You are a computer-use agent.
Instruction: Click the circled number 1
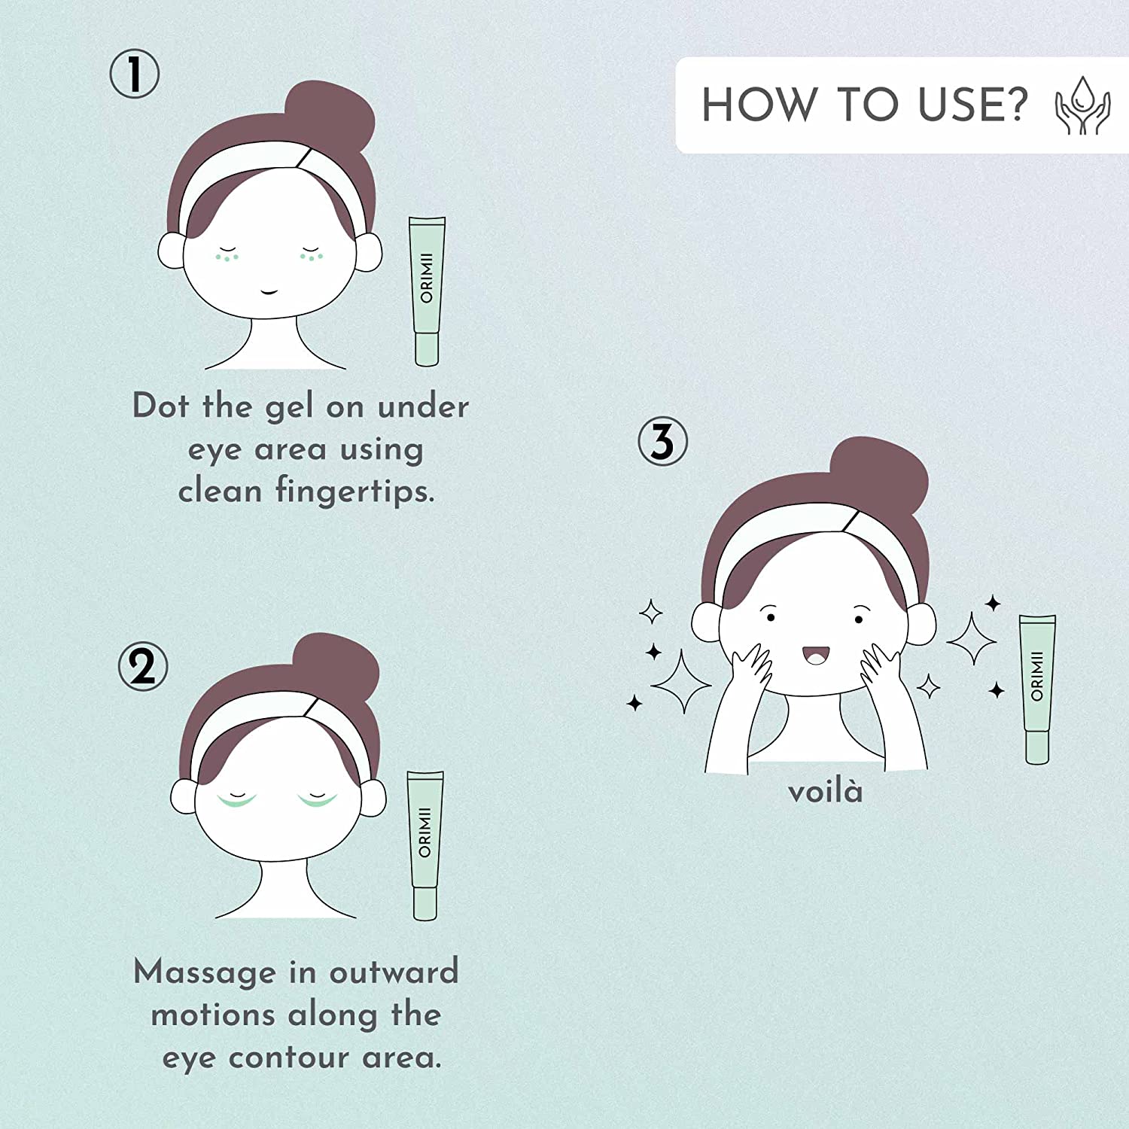tap(135, 75)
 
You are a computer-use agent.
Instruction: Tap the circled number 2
tap(142, 667)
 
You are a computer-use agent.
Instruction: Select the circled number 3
tap(662, 442)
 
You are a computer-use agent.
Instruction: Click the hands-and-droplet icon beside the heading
tap(1082, 105)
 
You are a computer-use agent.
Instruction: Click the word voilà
tap(825, 792)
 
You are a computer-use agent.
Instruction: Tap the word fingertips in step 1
tap(355, 491)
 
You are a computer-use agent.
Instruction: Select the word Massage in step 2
tap(205, 973)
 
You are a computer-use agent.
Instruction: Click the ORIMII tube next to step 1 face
tap(427, 291)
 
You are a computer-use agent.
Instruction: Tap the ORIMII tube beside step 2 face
tap(425, 845)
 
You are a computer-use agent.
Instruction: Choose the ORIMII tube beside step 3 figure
tap(1037, 689)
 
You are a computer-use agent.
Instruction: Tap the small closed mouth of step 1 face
tap(269, 291)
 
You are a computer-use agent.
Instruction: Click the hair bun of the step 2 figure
tap(336, 666)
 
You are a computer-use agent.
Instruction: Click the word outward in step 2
tap(394, 972)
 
